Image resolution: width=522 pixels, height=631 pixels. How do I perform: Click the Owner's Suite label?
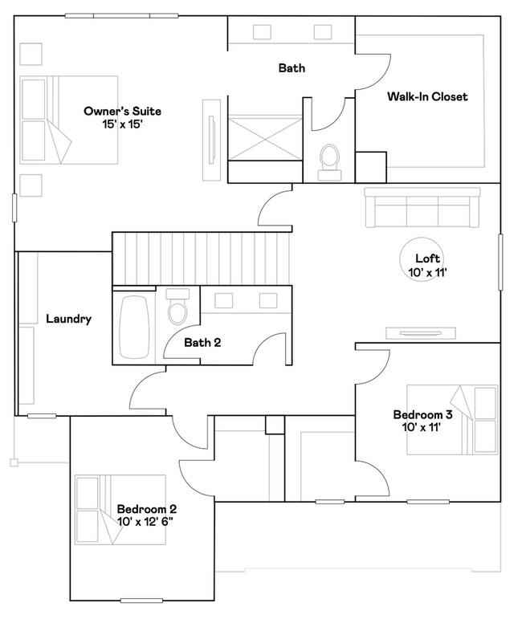tap(122, 111)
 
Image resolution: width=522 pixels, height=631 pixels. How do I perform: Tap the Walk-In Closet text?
tap(427, 96)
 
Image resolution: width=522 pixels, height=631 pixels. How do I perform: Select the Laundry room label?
tap(69, 320)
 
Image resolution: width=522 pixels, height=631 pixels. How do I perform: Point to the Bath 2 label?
tap(202, 343)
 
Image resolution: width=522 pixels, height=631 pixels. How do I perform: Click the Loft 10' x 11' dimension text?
tap(427, 272)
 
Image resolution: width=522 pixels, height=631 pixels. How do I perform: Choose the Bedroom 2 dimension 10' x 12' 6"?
tap(145, 522)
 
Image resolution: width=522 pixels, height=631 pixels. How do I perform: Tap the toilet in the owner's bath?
tap(329, 162)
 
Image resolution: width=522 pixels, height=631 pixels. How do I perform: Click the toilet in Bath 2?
tap(177, 306)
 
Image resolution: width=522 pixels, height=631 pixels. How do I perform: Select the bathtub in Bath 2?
tap(134, 328)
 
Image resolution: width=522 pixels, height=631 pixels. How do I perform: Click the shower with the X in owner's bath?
tap(265, 137)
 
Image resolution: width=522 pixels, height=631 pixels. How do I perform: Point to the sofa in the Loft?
tap(422, 207)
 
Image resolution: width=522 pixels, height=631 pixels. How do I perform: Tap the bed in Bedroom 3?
tap(452, 420)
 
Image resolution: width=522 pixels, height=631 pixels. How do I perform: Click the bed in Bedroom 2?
tap(120, 510)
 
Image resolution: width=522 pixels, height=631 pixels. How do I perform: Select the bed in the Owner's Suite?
tap(69, 120)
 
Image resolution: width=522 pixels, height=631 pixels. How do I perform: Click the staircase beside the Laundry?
tap(201, 259)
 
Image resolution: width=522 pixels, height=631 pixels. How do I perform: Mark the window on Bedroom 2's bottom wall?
tap(141, 600)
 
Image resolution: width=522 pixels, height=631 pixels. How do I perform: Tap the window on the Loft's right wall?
tap(500, 262)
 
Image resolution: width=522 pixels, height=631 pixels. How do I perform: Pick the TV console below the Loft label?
tap(421, 333)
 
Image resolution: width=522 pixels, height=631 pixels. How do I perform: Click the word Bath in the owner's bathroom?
tap(292, 68)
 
